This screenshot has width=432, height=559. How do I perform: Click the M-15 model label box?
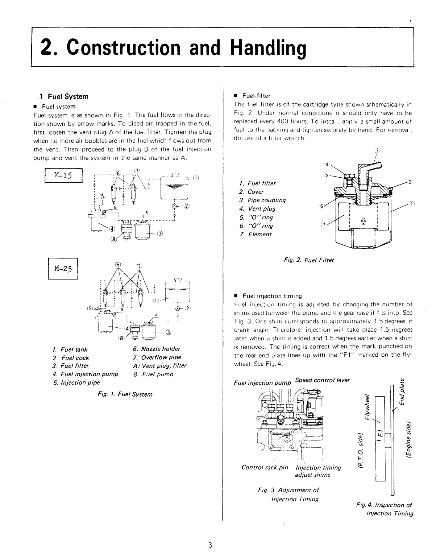63,175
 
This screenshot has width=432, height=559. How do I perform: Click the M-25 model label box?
63,269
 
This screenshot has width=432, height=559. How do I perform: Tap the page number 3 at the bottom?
211,545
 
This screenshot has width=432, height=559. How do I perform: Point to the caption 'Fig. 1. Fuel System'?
125,394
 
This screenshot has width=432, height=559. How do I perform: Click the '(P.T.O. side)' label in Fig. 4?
361,451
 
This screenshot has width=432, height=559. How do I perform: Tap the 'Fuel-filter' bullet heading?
256,96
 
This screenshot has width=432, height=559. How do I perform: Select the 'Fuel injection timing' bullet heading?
272,296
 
